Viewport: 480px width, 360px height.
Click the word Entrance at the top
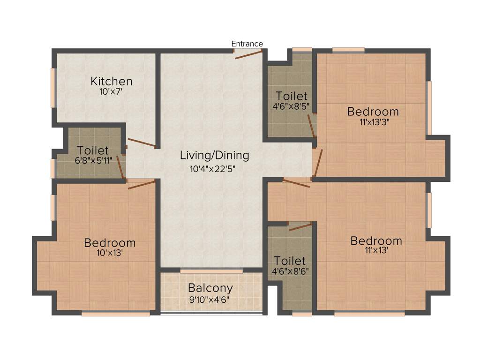click(x=247, y=44)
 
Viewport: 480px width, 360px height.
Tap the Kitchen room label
click(x=112, y=81)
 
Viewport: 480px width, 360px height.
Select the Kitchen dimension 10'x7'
click(x=111, y=92)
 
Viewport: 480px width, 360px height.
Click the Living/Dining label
click(x=215, y=155)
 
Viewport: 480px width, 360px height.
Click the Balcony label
click(x=210, y=288)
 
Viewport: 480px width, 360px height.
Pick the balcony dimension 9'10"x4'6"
click(x=210, y=299)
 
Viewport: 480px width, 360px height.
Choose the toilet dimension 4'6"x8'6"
click(x=290, y=270)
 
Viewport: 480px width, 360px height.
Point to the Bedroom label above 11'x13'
click(x=376, y=241)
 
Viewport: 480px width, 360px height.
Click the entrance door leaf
click(x=248, y=54)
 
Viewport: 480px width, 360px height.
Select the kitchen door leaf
click(x=141, y=143)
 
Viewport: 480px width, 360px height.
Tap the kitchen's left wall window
click(x=53, y=88)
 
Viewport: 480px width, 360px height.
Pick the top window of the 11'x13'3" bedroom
click(x=348, y=50)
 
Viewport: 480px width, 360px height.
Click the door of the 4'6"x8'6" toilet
click(x=300, y=227)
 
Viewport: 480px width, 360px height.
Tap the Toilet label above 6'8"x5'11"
click(x=93, y=151)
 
